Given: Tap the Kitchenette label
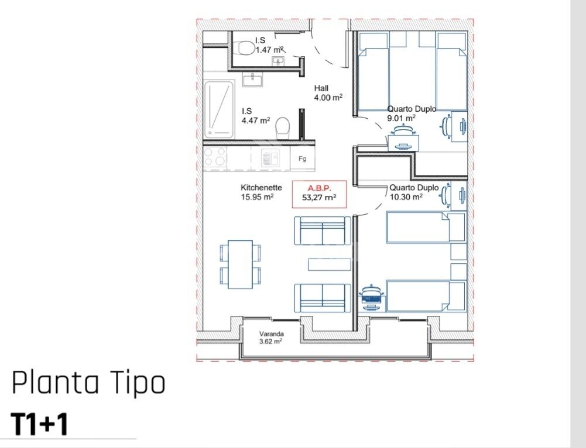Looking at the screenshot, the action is pyautogui.click(x=261, y=187).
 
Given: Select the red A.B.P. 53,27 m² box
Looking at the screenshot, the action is pyautogui.click(x=319, y=194).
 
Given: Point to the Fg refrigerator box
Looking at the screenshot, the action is pyautogui.click(x=302, y=158).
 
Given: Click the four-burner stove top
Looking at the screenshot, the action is pyautogui.click(x=215, y=157).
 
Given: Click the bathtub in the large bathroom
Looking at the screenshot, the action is pyautogui.click(x=219, y=109).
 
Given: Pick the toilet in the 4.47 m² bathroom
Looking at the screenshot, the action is pyautogui.click(x=283, y=129).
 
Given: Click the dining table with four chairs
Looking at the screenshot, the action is pyautogui.click(x=240, y=264).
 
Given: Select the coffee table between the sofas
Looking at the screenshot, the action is pyautogui.click(x=330, y=264).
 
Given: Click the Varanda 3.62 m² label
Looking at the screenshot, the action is pyautogui.click(x=271, y=337).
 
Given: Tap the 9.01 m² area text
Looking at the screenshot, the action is pyautogui.click(x=402, y=118).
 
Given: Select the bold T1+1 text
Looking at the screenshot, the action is pyautogui.click(x=40, y=424).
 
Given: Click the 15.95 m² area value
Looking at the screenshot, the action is pyautogui.click(x=258, y=197).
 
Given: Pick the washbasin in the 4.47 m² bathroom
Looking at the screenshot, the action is pyautogui.click(x=253, y=80).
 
